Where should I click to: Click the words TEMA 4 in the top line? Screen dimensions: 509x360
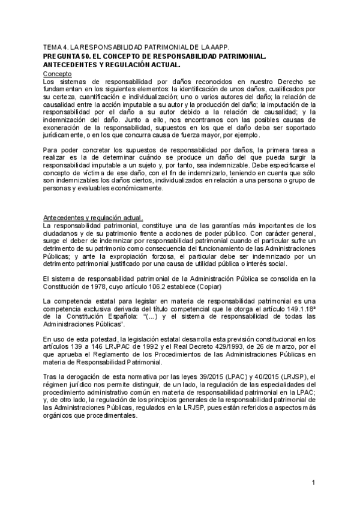55,46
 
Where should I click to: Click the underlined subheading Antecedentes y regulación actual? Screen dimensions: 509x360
92,217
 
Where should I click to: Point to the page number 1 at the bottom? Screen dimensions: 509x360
313,483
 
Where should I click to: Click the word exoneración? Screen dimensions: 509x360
66,127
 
